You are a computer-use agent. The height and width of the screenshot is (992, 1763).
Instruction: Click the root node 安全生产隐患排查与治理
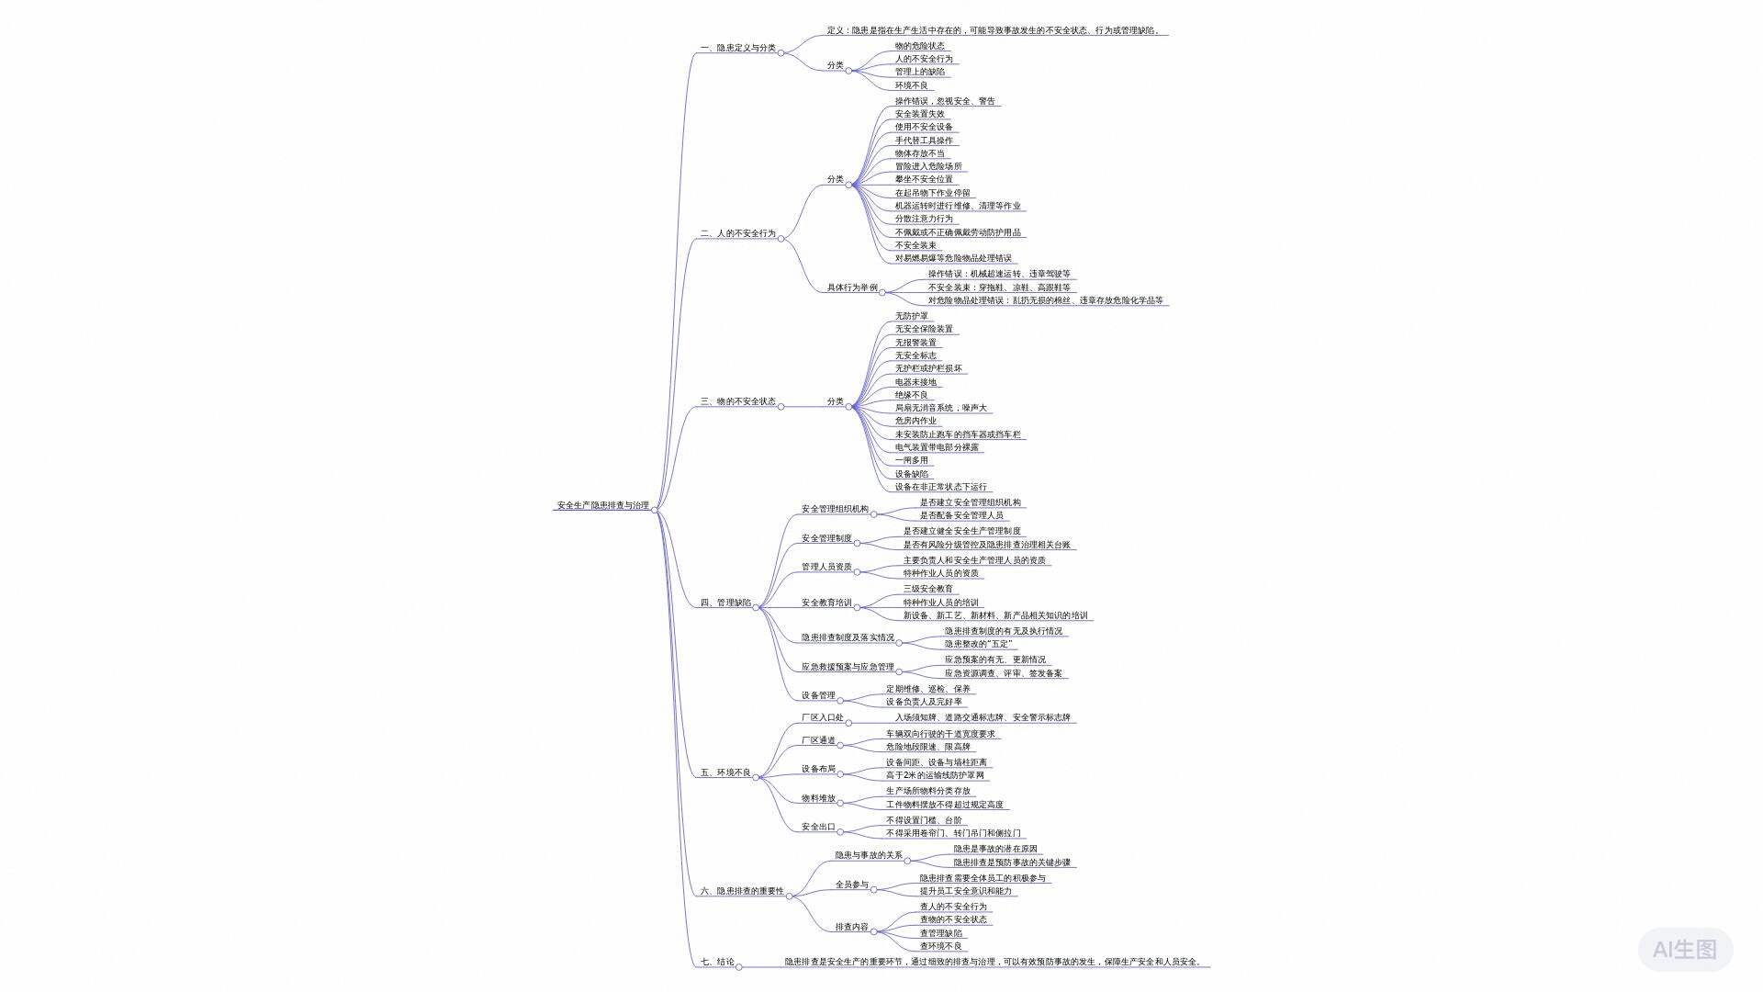coord(602,505)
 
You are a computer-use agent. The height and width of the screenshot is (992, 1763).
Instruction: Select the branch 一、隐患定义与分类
coord(737,48)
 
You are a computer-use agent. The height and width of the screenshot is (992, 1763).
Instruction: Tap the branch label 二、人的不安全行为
coord(737,233)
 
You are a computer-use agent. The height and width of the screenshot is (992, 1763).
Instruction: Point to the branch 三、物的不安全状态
coord(737,401)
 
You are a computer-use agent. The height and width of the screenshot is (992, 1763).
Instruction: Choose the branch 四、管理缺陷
coord(725,603)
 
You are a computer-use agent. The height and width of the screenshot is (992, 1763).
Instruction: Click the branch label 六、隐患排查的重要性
coord(742,891)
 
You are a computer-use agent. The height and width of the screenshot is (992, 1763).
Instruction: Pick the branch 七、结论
coord(717,962)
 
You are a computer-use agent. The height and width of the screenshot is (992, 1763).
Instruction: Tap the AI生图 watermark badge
coord(1685,949)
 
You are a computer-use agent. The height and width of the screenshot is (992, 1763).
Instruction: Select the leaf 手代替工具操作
coord(924,141)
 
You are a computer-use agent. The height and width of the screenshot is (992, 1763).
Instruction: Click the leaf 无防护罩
coord(911,316)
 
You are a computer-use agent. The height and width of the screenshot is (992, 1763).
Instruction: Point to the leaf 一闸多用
coord(911,460)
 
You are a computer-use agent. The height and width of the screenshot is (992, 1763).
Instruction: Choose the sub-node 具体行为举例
coord(852,287)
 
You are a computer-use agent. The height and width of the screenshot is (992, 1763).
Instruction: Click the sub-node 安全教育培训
coord(826,603)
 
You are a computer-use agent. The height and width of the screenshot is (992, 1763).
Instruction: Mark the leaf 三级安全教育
coord(927,589)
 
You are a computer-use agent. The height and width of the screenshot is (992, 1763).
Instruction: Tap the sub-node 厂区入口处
coord(822,717)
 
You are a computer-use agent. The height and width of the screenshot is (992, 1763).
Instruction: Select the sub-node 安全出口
coord(818,827)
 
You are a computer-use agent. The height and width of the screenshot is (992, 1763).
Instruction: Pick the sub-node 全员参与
coord(851,885)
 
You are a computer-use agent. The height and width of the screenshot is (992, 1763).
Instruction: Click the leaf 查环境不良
coord(940,946)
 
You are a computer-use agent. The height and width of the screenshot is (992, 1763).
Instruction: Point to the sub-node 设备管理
coord(818,695)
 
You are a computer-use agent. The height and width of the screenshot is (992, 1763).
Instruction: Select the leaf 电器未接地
coord(915,382)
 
